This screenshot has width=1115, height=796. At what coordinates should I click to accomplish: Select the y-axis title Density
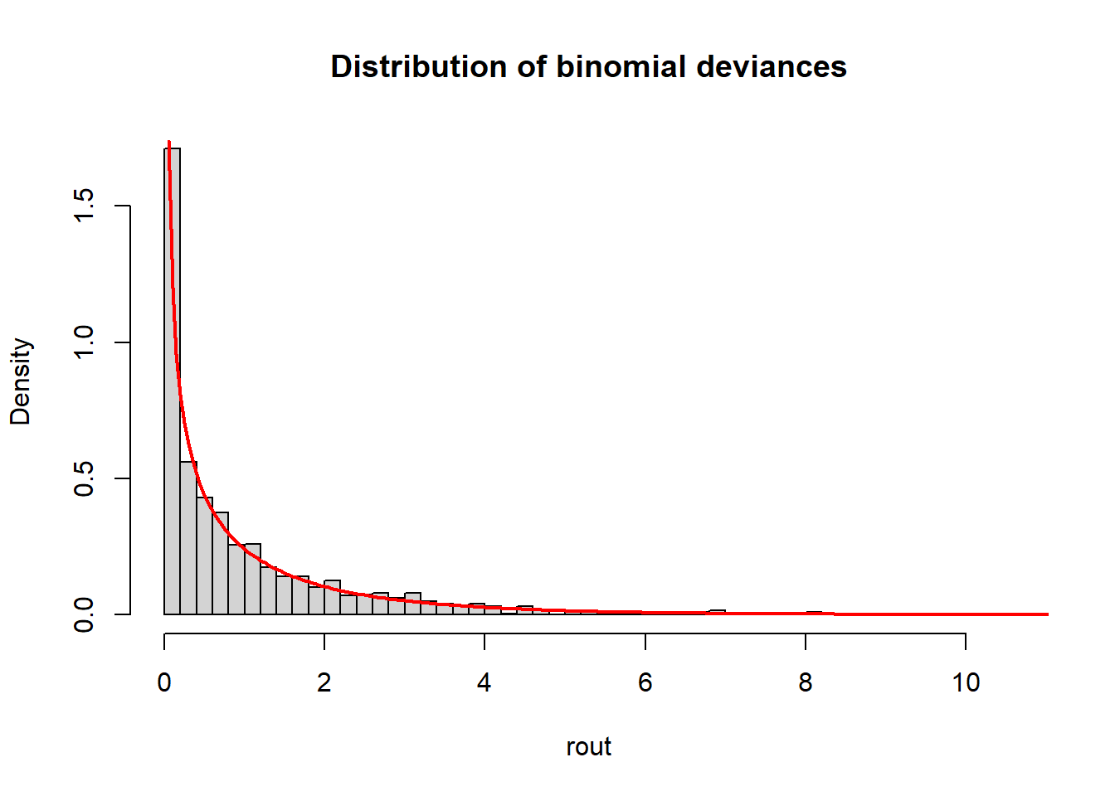pos(21,381)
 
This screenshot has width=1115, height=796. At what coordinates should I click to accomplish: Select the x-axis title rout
pos(588,747)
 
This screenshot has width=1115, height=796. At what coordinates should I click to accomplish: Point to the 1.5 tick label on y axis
pos(84,206)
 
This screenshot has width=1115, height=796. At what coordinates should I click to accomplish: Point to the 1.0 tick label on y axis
pos(84,342)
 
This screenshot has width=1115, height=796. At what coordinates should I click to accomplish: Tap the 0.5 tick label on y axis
pos(84,478)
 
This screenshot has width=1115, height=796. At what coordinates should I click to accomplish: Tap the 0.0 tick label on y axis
pos(84,614)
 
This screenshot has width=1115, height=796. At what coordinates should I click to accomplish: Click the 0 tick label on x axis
pos(164,683)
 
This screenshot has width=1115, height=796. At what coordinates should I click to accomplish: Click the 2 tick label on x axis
pos(324,683)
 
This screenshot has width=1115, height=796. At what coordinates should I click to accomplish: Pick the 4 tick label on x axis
pos(484,683)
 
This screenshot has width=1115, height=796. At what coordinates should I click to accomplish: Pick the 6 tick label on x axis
pos(645,683)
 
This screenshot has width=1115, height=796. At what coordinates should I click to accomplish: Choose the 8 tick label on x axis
pos(806,683)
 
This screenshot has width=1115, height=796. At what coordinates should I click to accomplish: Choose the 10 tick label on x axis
pos(966,683)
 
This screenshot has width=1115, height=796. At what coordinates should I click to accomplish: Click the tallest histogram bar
pos(173,381)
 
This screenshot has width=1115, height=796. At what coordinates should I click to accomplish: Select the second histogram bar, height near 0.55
pos(188,539)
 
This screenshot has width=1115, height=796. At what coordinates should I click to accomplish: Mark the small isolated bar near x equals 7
pos(718,612)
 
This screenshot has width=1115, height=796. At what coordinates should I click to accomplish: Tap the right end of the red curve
pos(1048,614)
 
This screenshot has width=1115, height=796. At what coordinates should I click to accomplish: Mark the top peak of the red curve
pos(169,143)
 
